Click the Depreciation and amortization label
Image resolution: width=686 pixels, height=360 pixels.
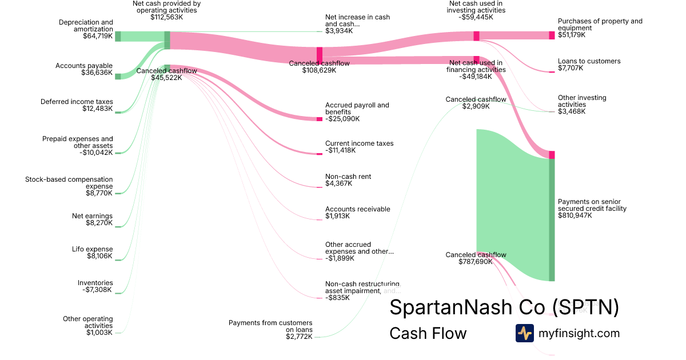pyautogui.click(x=86, y=29)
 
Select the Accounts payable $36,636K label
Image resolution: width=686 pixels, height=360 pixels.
pyautogui.click(x=84, y=69)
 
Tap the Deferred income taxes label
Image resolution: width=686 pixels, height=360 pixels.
pyautogui.click(x=77, y=105)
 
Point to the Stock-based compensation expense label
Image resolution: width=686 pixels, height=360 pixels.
pyautogui.click(x=69, y=186)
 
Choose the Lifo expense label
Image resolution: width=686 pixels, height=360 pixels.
pyautogui.click(x=93, y=253)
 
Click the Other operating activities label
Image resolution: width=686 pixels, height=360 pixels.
pyautogui.click(x=88, y=326)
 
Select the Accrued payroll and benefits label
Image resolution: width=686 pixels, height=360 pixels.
pyautogui.click(x=357, y=112)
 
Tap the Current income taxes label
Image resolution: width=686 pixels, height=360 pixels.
pyautogui.click(x=359, y=147)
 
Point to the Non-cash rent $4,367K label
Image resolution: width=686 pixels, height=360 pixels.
pyautogui.click(x=348, y=180)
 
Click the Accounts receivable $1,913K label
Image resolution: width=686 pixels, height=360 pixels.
pyautogui.click(x=357, y=213)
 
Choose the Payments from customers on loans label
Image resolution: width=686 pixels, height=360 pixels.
pyautogui.click(x=270, y=330)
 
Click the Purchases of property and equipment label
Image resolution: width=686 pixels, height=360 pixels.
pyautogui.click(x=600, y=28)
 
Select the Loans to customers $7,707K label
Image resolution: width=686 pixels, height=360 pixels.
pyautogui.click(x=589, y=65)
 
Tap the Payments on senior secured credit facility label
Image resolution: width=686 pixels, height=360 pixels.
pyautogui.click(x=592, y=209)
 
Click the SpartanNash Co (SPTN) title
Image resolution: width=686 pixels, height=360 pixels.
pyautogui.click(x=504, y=307)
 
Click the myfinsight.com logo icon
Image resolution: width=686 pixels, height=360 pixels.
pyautogui.click(x=524, y=333)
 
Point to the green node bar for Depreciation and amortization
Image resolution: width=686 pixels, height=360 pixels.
pyautogui.click(x=118, y=37)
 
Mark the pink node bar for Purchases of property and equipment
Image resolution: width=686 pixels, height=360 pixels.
pyautogui.click(x=552, y=35)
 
